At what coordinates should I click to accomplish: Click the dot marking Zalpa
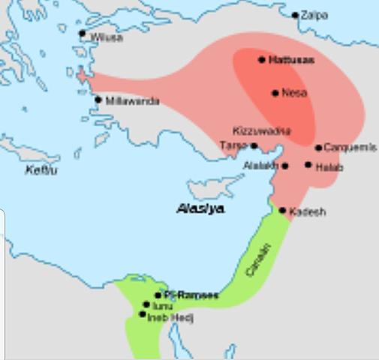pos(296,15)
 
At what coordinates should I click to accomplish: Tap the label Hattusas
pos(291,59)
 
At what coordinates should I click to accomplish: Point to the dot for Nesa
pos(275,93)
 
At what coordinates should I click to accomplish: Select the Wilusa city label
pos(106,37)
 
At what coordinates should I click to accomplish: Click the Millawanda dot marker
pos(98,100)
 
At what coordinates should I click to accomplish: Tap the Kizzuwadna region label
pos(262,130)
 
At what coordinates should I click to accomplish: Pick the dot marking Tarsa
pos(254,146)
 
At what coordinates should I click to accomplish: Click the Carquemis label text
pos(350,148)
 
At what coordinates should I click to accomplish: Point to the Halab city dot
pos(308,164)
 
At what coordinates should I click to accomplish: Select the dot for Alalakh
pos(285,165)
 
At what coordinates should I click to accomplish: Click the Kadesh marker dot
pos(283,211)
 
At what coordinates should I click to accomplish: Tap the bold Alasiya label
pos(200,209)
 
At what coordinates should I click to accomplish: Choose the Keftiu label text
pos(41,170)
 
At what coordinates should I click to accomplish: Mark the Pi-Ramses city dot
pos(158,295)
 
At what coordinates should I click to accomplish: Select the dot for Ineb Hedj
pos(143,314)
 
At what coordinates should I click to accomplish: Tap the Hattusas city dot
pos(262,59)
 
